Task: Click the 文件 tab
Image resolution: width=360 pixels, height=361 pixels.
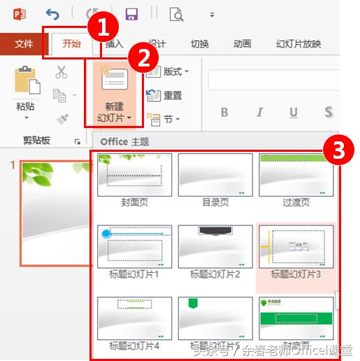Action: (x=24, y=44)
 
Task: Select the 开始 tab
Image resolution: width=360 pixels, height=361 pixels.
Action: (x=71, y=44)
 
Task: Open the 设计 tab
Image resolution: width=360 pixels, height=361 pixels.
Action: (x=157, y=44)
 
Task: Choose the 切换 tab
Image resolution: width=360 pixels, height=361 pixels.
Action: (x=199, y=44)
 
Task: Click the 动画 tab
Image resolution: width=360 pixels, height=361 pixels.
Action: (x=242, y=44)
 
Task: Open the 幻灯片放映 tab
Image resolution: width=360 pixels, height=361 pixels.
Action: (x=298, y=44)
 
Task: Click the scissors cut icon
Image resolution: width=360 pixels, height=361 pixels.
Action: (x=62, y=71)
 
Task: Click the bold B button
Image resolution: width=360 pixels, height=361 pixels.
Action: (x=224, y=113)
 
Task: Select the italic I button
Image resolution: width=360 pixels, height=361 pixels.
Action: (x=259, y=113)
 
